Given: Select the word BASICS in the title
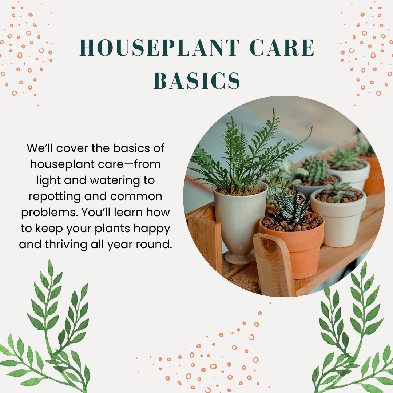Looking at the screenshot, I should (x=196, y=81).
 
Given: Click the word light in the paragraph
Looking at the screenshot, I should (x=39, y=180).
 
